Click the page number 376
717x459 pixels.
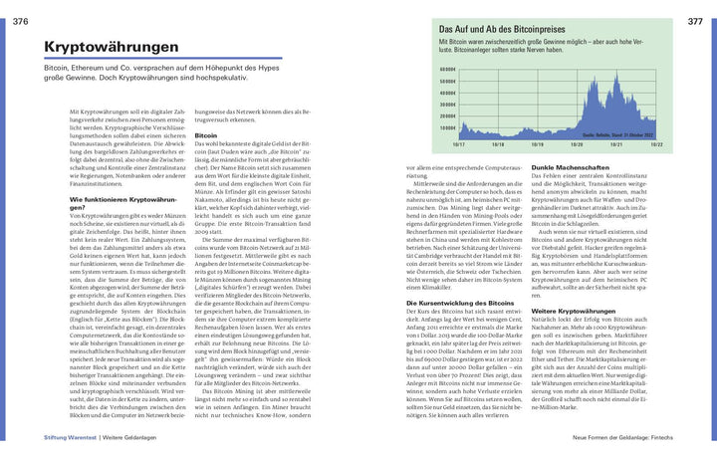click(x=21, y=21)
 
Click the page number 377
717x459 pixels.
click(x=694, y=21)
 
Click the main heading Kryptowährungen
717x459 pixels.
click(x=112, y=48)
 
